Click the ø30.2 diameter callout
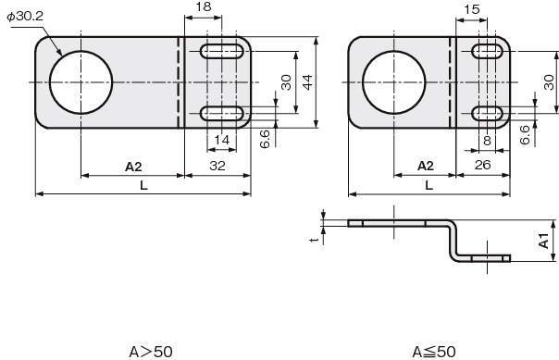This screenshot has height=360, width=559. click(x=25, y=17)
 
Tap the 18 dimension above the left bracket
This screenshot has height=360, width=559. click(x=204, y=6)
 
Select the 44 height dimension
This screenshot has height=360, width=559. click(x=307, y=81)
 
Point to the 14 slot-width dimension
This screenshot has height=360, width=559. click(x=222, y=140)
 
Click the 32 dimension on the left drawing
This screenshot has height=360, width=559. click(x=217, y=166)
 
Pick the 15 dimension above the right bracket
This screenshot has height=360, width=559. click(x=472, y=9)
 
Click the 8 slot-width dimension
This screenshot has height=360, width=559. click(x=487, y=141)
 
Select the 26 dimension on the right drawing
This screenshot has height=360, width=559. click(x=483, y=165)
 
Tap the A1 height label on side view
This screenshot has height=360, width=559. click(x=543, y=241)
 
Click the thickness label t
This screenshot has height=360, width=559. click(x=314, y=241)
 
